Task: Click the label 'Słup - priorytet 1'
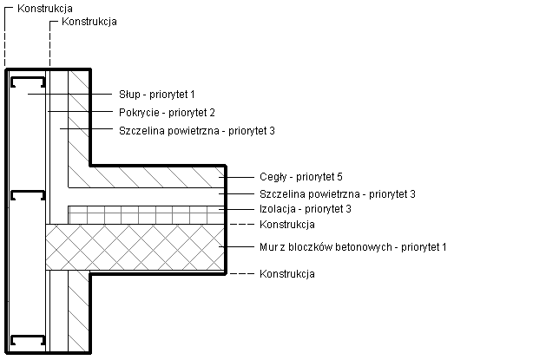pos(157,93)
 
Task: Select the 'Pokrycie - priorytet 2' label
pos(166,112)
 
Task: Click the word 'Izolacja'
pos(277,209)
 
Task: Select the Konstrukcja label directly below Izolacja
pos(286,225)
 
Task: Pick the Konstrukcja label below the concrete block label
pos(286,273)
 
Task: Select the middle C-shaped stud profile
pos(27,195)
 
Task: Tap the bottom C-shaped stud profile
pos(27,339)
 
